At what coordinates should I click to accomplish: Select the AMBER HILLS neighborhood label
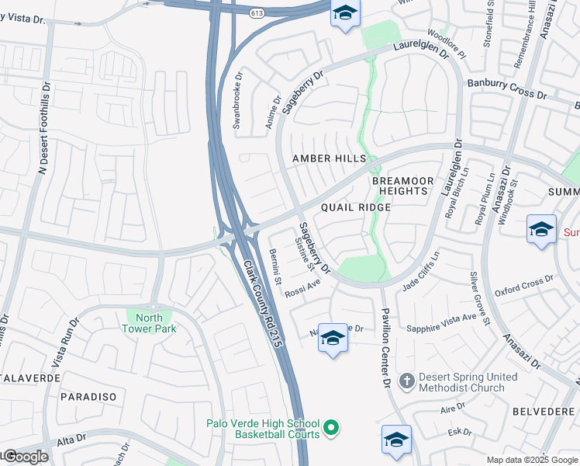(x=329, y=158)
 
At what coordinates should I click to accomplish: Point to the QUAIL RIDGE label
(x=356, y=208)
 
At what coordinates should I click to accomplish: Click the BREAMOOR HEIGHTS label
(x=400, y=186)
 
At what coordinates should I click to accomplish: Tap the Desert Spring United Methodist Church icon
(x=407, y=381)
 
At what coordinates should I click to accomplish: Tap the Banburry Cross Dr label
(x=506, y=89)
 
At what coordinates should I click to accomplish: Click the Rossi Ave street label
(x=302, y=290)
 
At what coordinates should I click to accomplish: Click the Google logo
(x=25, y=457)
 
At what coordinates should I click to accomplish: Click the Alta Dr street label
(x=71, y=440)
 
